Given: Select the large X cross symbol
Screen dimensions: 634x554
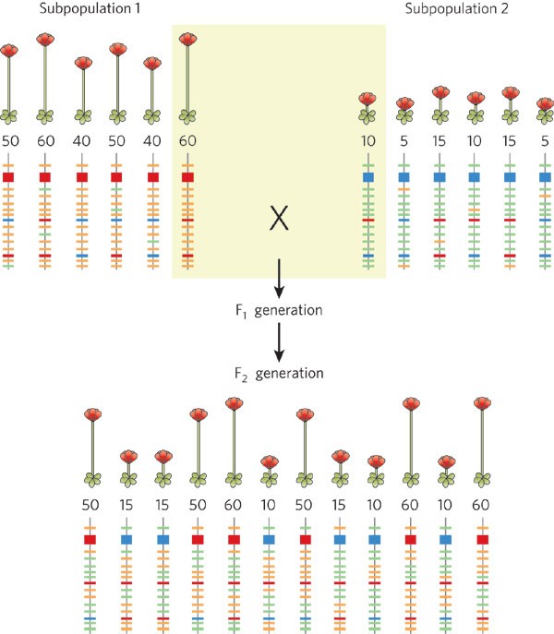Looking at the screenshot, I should click(x=278, y=219).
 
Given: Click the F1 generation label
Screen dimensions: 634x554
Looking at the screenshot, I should click(x=277, y=310).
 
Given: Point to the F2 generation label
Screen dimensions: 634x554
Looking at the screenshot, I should click(x=277, y=374).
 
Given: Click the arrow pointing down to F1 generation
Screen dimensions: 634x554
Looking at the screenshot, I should click(x=278, y=274).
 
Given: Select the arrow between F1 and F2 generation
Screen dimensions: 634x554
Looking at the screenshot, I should click(x=278, y=342).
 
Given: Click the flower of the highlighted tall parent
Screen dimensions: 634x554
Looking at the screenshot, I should click(x=187, y=40).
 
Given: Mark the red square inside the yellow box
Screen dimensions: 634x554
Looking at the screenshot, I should click(x=187, y=176).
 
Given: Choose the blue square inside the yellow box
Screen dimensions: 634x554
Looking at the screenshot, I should click(x=368, y=176).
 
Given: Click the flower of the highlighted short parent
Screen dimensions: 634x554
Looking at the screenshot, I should click(x=367, y=99).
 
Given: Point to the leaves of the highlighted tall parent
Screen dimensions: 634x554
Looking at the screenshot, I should click(x=187, y=116).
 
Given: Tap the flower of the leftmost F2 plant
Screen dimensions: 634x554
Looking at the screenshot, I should click(x=90, y=415).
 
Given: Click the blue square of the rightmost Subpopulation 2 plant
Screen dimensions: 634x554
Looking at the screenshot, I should click(x=545, y=176).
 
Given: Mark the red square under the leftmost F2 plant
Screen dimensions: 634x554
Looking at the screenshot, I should click(x=90, y=538).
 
